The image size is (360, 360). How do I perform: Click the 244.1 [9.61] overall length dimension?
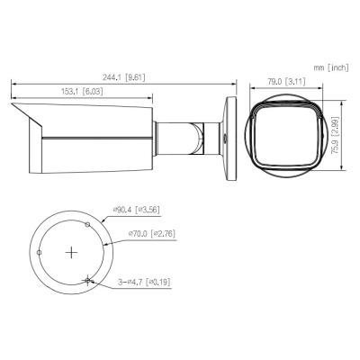[x=124, y=77]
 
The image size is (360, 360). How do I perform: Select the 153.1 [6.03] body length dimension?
[x=82, y=92]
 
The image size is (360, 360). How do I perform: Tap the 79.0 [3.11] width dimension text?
[x=286, y=82]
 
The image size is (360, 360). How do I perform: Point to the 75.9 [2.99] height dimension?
[x=335, y=135]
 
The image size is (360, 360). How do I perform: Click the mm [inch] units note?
[x=331, y=67]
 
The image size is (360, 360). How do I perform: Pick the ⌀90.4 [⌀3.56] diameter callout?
[x=136, y=210]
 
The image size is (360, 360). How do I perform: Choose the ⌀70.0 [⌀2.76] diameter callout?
[x=151, y=234]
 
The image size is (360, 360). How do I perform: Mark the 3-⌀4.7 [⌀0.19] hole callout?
[x=144, y=282]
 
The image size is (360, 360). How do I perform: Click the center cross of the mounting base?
[x=71, y=253]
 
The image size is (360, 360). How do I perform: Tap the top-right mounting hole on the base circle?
[x=87, y=224]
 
